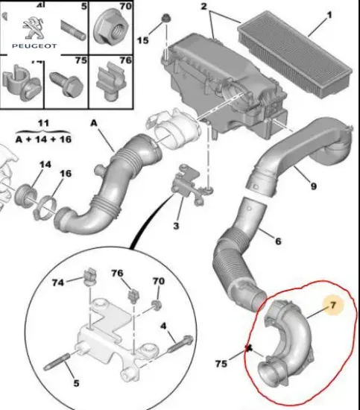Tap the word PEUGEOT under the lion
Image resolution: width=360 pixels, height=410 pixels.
click(x=34, y=46)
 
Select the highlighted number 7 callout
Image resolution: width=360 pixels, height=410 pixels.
click(x=333, y=305)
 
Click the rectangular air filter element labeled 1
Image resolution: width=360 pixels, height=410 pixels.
click(x=295, y=54)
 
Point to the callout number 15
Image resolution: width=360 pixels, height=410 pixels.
click(x=143, y=40)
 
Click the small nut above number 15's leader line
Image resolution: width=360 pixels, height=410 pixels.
click(x=166, y=19)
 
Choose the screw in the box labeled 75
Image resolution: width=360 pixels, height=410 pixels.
click(x=67, y=84)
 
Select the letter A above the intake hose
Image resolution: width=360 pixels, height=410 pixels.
click(x=94, y=123)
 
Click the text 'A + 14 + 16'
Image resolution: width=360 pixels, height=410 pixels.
click(x=43, y=139)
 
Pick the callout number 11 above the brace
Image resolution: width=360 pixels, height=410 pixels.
click(x=43, y=123)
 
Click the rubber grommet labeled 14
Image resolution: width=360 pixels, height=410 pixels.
click(x=25, y=195)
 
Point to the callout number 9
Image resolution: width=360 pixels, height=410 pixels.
click(x=314, y=186)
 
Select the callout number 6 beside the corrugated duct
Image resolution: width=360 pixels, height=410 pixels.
click(x=278, y=241)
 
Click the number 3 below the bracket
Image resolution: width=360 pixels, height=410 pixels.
click(x=176, y=226)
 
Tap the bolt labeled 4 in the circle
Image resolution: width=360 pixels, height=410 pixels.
click(x=180, y=343)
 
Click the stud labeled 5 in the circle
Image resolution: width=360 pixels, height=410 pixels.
click(x=57, y=362)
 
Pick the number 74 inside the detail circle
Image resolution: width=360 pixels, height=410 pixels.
click(x=58, y=283)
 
